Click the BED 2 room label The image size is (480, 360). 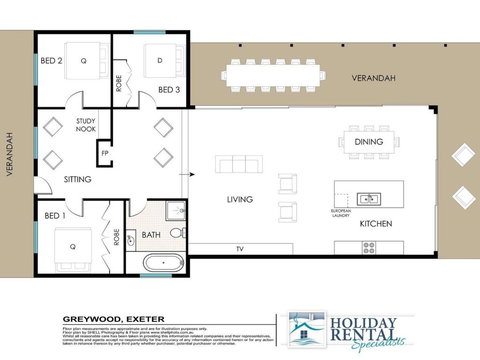coord(52,60)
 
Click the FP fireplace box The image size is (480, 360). coord(104,153)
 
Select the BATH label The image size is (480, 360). coord(152,236)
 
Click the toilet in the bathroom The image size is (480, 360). coord(176,232)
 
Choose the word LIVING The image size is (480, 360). coord(240,200)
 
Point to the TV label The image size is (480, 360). coord(239,247)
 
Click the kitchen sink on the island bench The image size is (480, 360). coord(367,198)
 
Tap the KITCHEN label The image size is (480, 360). coord(375,223)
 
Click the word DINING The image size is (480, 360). coord(369,142)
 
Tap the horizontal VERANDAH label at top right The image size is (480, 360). coord(375,79)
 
